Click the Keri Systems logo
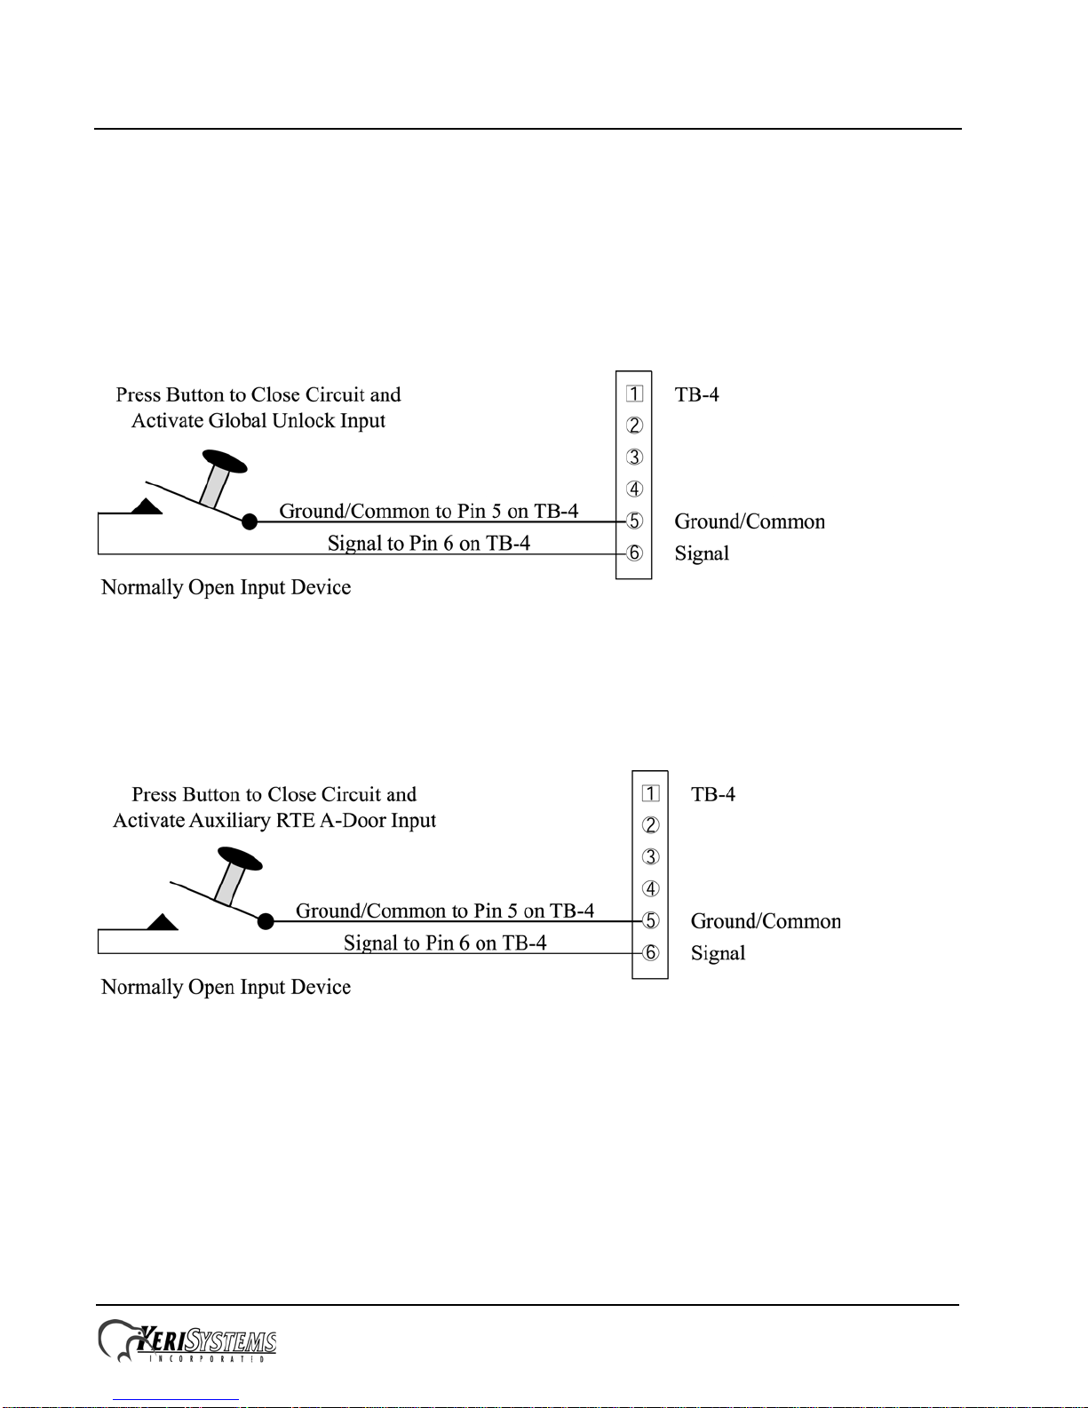187,1341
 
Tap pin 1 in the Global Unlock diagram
634,394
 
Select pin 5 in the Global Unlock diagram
634,521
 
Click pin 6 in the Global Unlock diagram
634,553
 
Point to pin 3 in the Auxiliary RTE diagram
651,857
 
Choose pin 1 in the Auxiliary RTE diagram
651,793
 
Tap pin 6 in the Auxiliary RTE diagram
651,953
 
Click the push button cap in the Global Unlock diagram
225,462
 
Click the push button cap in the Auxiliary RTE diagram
240,859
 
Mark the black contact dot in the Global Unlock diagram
250,522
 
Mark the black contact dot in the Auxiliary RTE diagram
266,921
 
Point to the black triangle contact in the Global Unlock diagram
147,506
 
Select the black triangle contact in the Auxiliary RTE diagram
163,922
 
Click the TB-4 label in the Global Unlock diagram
696,394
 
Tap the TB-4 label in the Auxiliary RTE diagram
713,794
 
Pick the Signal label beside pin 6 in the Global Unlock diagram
702,553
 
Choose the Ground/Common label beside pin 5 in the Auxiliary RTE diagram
766,921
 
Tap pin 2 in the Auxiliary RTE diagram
651,825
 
